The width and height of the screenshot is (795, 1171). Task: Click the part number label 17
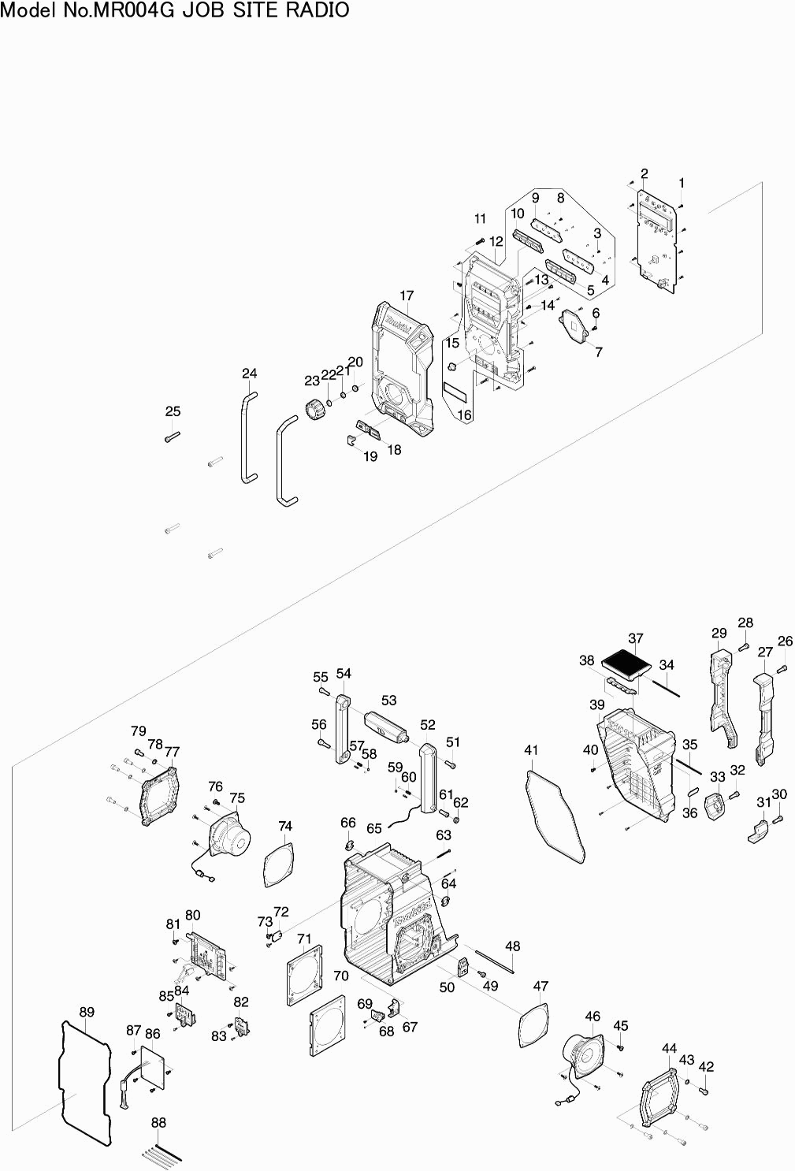point(407,296)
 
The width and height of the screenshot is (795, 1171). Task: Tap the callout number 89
point(87,1012)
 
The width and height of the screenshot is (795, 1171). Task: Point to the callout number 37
point(636,638)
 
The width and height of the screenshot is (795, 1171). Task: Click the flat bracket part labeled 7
point(574,325)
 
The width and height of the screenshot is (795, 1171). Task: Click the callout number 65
point(374,828)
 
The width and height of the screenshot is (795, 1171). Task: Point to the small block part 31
point(759,831)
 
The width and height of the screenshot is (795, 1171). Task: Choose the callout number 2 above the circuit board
point(644,173)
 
